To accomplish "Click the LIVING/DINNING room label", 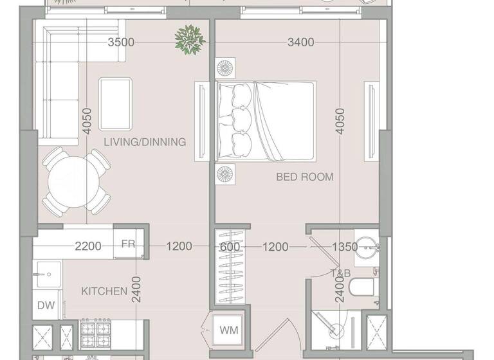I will click(145, 142).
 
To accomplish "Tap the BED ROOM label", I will click(305, 177).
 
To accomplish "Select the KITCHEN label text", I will click(104, 291).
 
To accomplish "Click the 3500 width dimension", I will click(121, 42).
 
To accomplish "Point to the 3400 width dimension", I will click(300, 42).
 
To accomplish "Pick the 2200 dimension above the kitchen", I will click(88, 246).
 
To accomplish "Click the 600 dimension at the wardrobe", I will click(229, 246).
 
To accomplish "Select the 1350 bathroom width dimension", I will click(344, 246).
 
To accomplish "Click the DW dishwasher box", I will click(46, 306).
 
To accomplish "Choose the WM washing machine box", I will click(229, 330).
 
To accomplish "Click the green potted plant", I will click(190, 39).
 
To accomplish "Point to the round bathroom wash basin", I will click(367, 247).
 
